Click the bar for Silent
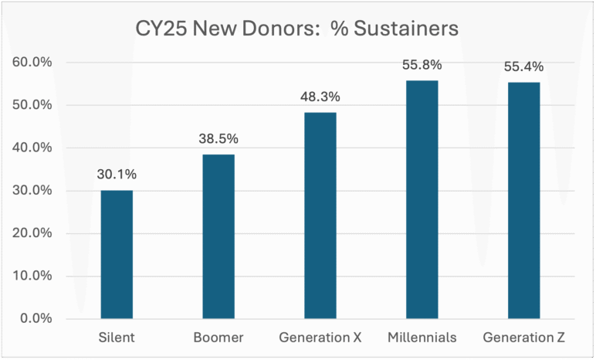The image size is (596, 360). [117, 254]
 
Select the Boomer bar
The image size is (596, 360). [218, 236]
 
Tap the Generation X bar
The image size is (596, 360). [320, 216]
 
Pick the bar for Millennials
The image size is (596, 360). [422, 199]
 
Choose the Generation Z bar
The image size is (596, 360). [523, 200]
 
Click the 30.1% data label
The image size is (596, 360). [116, 175]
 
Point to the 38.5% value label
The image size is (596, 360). [218, 139]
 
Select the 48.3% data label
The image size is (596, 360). [320, 97]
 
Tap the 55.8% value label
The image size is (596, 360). [422, 65]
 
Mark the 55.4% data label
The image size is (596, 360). [523, 66]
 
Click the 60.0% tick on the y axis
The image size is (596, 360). [32, 62]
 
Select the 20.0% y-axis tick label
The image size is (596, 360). [32, 233]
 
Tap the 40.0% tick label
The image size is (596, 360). [32, 148]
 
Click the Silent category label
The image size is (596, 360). [117, 338]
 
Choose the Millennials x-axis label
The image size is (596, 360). [422, 338]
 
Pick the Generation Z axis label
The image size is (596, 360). [523, 338]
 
